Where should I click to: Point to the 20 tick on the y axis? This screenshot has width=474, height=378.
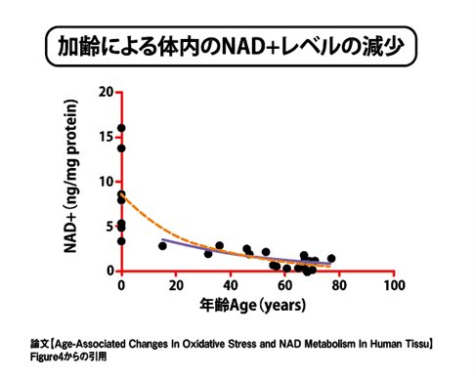[106, 92]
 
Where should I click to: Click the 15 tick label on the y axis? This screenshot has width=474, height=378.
[106, 137]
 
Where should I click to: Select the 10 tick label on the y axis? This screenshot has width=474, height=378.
[106, 182]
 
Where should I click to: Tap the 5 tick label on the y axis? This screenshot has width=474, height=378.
[108, 227]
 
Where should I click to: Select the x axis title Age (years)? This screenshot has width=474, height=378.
[257, 305]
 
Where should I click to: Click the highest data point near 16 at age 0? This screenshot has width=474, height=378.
[121, 128]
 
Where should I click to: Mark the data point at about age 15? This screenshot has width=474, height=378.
[162, 246]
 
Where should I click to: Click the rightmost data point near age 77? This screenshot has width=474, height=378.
[331, 259]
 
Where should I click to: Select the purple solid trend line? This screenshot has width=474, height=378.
[215, 249]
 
